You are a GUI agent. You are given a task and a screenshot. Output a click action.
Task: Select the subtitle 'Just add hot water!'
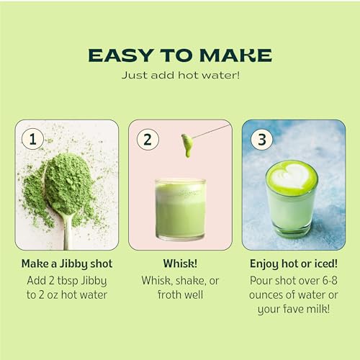[x=179, y=76]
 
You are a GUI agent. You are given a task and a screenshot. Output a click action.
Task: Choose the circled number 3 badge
[x=261, y=140]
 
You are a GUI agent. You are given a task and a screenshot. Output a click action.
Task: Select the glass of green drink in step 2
[x=179, y=209]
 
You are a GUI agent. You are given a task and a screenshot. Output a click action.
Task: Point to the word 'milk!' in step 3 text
[x=317, y=310]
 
